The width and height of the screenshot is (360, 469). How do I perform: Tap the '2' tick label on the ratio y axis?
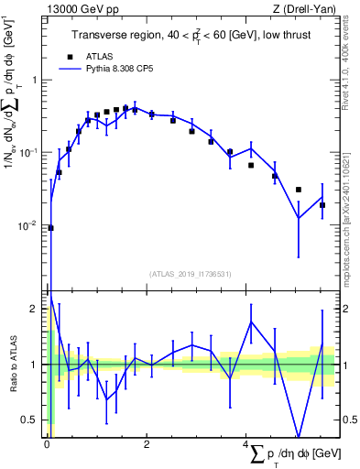click(x=35, y=309)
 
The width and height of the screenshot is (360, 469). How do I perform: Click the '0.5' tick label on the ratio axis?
click(x=29, y=420)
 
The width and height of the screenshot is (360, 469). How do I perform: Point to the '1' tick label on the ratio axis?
click(x=35, y=365)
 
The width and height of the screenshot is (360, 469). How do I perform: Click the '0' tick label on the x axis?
click(x=47, y=445)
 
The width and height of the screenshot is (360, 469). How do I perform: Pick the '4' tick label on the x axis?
click(x=245, y=445)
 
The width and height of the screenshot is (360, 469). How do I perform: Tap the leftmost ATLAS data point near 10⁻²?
click(x=50, y=228)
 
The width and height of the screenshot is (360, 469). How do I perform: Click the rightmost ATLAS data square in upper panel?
click(x=322, y=205)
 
